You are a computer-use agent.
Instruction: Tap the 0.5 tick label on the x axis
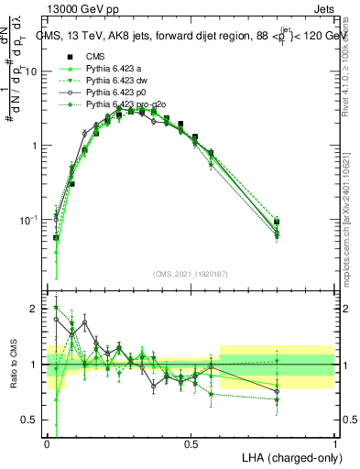(x=191, y=442)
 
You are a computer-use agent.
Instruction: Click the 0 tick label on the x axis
(x=48, y=442)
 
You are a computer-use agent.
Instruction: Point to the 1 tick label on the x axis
(x=334, y=442)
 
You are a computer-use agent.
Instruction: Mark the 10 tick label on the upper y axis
(x=33, y=71)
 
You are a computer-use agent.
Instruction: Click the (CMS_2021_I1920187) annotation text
(x=191, y=274)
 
